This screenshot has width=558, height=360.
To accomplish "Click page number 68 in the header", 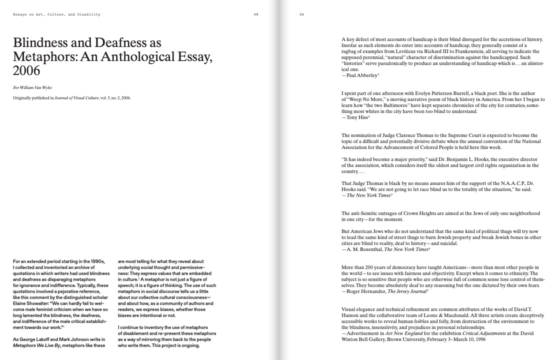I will click(x=256, y=14).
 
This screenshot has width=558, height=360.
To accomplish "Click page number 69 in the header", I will click(x=302, y=14).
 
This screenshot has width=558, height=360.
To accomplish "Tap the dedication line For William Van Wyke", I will click(x=32, y=87).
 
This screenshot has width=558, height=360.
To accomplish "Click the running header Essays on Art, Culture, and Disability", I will click(x=56, y=14).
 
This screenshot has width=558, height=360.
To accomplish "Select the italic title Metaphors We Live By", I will click(x=37, y=345).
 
